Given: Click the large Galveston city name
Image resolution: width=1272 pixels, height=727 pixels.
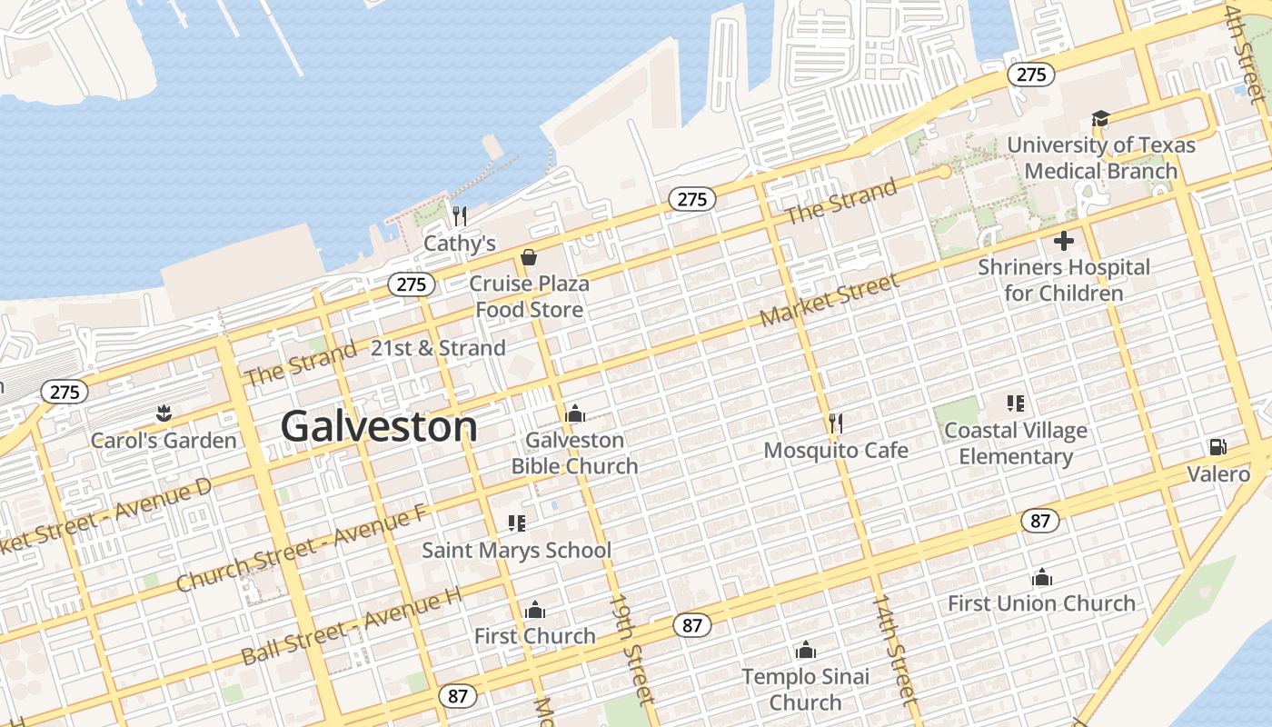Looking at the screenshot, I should [x=379, y=426].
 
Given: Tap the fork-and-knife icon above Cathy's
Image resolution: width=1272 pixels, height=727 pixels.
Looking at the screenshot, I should [x=460, y=216].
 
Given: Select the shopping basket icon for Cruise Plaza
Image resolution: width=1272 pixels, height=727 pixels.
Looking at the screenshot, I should [x=528, y=258].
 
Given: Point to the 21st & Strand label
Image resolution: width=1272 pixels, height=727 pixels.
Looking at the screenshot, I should [x=438, y=348].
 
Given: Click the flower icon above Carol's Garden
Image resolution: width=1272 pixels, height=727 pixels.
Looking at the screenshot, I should [x=164, y=414].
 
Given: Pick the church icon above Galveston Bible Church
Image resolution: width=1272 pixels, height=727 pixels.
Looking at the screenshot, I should [x=574, y=414].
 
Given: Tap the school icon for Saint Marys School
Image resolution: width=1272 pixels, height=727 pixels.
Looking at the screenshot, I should [x=517, y=523].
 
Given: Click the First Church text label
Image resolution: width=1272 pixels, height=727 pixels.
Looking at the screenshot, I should [x=534, y=635].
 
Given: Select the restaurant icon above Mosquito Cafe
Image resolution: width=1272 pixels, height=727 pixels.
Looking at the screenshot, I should [x=836, y=423].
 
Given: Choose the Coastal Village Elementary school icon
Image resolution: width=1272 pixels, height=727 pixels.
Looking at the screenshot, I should [x=1016, y=403].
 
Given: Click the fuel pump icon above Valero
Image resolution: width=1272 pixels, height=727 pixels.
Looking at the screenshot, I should [x=1217, y=447].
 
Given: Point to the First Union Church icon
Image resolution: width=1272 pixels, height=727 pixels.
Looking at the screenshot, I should [x=1041, y=577].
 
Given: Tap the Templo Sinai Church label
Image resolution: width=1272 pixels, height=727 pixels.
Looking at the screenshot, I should [x=805, y=689].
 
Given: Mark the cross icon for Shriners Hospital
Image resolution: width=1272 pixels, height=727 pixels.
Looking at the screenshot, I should [x=1064, y=241].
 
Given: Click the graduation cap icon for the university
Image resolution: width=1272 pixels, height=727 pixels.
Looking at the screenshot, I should [x=1100, y=119].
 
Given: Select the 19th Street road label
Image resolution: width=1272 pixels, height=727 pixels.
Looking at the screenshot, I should [x=631, y=649].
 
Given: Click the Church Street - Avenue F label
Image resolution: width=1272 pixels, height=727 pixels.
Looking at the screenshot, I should [x=301, y=548].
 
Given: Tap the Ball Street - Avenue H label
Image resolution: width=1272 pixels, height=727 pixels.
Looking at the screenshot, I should [x=352, y=626].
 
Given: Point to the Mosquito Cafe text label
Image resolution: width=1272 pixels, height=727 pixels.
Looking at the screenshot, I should [x=836, y=450].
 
